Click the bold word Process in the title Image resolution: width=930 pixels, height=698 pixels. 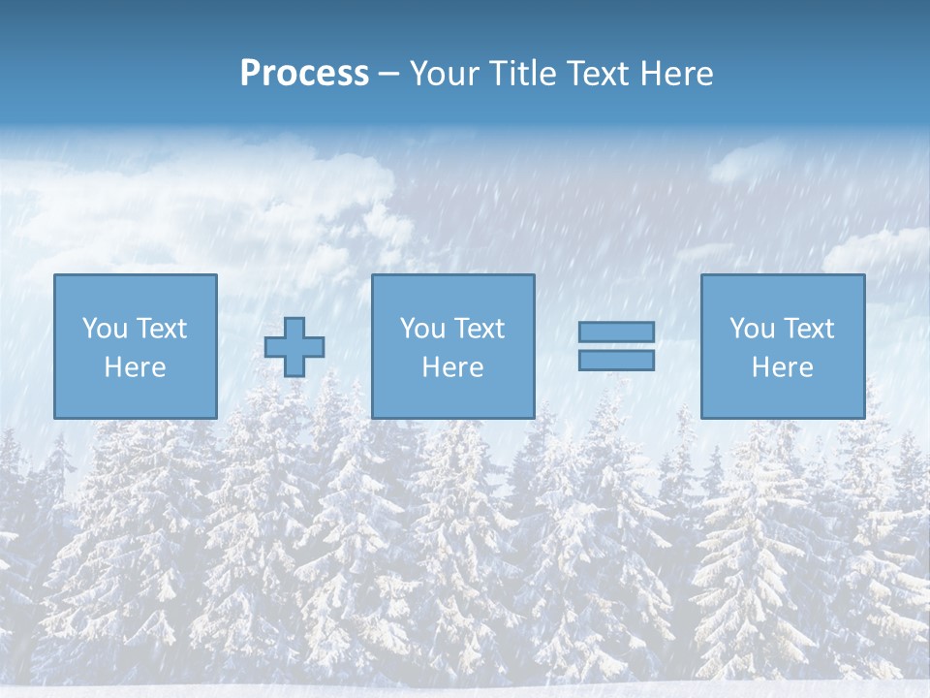[304, 74]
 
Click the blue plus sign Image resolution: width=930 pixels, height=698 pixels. [294, 347]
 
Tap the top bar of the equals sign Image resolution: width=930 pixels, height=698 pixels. [616, 332]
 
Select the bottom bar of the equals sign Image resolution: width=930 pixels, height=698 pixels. [616, 361]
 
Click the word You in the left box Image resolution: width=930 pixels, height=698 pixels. [104, 329]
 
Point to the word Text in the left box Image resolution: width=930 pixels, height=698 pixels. [161, 329]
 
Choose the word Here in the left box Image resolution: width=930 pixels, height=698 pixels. [135, 367]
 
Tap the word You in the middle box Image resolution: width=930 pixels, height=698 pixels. [422, 329]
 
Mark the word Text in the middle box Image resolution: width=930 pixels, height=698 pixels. [479, 329]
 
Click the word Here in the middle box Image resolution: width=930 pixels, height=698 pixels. [452, 367]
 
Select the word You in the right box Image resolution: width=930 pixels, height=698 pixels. [752, 329]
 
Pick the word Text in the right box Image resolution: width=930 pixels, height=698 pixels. [808, 329]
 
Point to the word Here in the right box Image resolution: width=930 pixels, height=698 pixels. [782, 367]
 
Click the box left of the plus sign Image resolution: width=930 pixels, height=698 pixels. [135, 397]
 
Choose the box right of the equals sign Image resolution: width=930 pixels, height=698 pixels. [782, 397]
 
